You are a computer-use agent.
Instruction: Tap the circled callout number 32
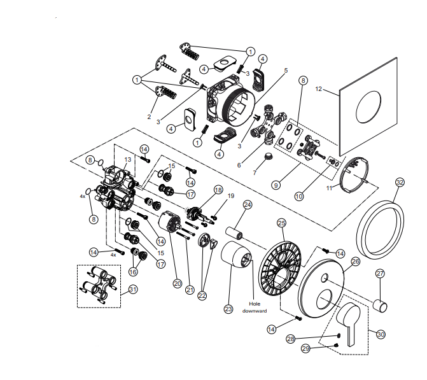(400, 182)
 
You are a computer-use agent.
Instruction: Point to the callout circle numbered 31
(132, 289)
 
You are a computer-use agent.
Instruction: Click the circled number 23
(228, 309)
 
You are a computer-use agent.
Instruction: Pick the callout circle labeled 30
(381, 333)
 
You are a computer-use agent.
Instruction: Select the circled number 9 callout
(276, 185)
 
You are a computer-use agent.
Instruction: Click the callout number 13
(127, 160)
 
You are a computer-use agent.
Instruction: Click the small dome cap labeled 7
(269, 157)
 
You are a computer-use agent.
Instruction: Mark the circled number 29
(305, 349)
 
